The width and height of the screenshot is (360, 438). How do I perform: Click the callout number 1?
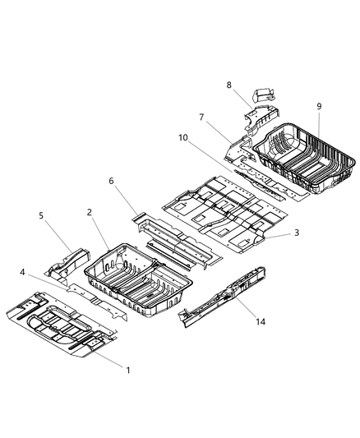(x=127, y=371)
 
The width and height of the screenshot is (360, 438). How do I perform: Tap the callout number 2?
(x=89, y=212)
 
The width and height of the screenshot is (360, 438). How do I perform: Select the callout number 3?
(x=297, y=233)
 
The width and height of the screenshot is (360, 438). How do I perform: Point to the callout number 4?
(x=23, y=272)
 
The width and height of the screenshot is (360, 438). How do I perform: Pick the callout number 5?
(x=41, y=216)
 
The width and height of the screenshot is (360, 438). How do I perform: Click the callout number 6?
(x=112, y=181)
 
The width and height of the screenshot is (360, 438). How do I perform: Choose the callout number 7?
(x=200, y=117)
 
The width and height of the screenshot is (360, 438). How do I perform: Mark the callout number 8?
(x=229, y=85)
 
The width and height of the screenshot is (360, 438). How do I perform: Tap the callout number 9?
(x=319, y=106)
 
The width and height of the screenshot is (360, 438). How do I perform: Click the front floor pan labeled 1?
(x=58, y=325)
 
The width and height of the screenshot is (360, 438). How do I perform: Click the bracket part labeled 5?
(x=70, y=261)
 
